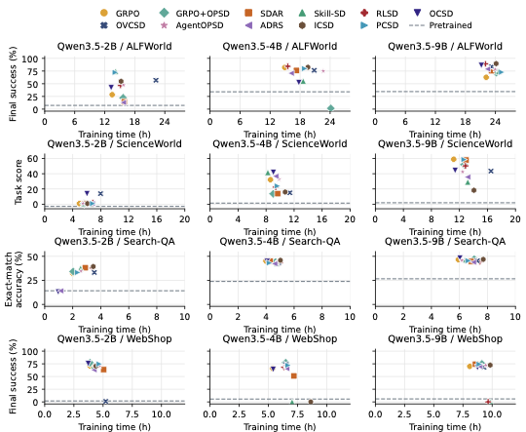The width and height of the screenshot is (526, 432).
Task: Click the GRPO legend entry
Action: pyautogui.click(x=120, y=14)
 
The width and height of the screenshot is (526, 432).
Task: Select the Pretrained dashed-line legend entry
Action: pyautogui.click(x=440, y=25)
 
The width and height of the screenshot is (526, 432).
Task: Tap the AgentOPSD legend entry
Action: pyautogui.click(x=192, y=25)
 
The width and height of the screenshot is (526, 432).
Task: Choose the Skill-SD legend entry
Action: pyautogui.click(x=321, y=14)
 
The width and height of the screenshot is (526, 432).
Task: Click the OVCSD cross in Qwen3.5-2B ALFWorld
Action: pyautogui.click(x=156, y=80)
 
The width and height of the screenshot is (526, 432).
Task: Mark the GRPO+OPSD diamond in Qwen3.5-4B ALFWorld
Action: pyautogui.click(x=331, y=108)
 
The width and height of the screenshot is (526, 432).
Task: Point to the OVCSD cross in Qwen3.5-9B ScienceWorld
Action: pyautogui.click(x=491, y=172)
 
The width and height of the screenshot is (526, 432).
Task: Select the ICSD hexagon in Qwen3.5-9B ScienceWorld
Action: pyautogui.click(x=474, y=190)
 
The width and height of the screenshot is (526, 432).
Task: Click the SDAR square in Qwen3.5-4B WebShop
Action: pyautogui.click(x=294, y=375)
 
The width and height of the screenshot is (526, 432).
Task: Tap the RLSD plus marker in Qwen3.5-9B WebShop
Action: pyautogui.click(x=488, y=402)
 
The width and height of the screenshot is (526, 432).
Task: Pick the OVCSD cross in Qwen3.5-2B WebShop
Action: pyautogui.click(x=105, y=402)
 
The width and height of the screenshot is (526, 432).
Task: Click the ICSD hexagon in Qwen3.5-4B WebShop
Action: pyautogui.click(x=311, y=402)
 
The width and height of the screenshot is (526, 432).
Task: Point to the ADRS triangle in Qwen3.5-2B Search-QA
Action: pyautogui.click(x=60, y=291)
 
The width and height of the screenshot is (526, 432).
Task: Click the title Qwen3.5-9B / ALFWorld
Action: pyautogui.click(x=445, y=46)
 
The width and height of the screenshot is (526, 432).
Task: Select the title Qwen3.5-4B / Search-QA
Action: pyautogui.click(x=280, y=241)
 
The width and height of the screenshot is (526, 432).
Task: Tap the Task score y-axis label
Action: pyautogui.click(x=19, y=181)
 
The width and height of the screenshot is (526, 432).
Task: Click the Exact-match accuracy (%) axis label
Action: pyautogui.click(x=14, y=280)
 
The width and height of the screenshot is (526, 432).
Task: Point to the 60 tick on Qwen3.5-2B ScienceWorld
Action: pyautogui.click(x=34, y=158)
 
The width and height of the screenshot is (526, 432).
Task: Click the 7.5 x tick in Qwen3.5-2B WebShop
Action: pyautogui.click(x=133, y=414)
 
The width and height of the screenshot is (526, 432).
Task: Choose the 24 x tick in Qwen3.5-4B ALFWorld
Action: pyautogui.click(x=330, y=121)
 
